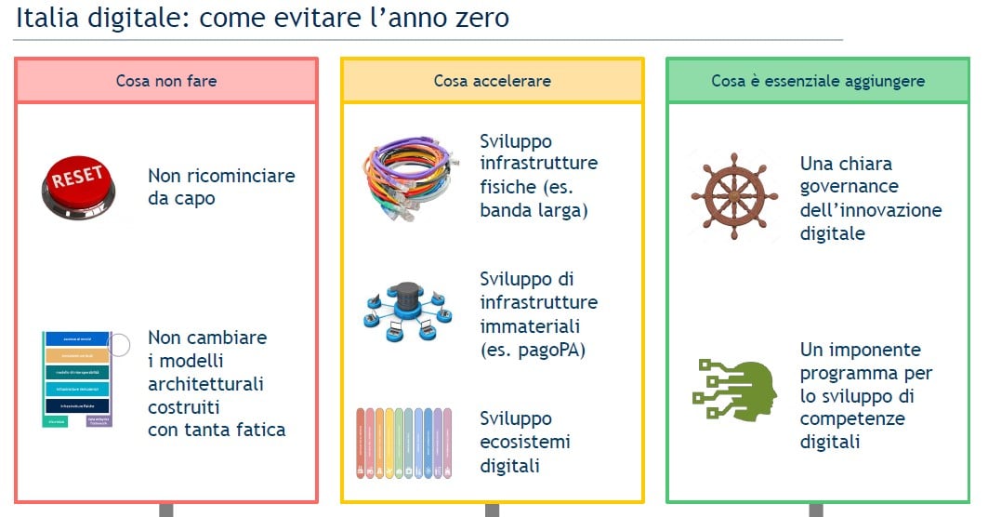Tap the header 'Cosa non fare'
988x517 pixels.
pyautogui.click(x=166, y=81)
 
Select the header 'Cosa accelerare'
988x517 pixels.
pyautogui.click(x=492, y=81)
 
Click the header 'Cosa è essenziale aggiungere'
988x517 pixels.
pyautogui.click(x=818, y=81)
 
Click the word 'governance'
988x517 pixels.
pyautogui.click(x=849, y=187)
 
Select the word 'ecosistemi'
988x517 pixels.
pyautogui.click(x=525, y=442)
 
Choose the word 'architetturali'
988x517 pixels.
pyautogui.click(x=205, y=383)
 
